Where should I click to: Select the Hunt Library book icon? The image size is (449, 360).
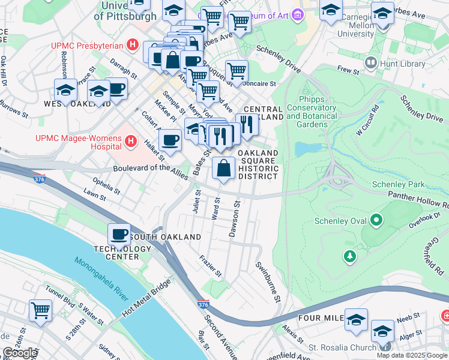pos(371,62)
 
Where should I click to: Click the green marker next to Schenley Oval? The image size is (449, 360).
pos(376,221)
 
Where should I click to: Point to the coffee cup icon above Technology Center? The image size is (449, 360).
pos(119,233)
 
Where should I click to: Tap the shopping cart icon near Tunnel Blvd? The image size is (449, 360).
pos(41,310)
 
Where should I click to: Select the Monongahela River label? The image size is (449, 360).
pos(101,279)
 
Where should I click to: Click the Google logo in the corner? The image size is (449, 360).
pos(20,353)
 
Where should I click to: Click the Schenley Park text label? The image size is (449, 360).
pos(398,184)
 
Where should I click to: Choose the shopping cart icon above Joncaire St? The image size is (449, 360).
pos(237,70)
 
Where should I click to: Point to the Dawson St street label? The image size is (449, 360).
pos(235,218)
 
